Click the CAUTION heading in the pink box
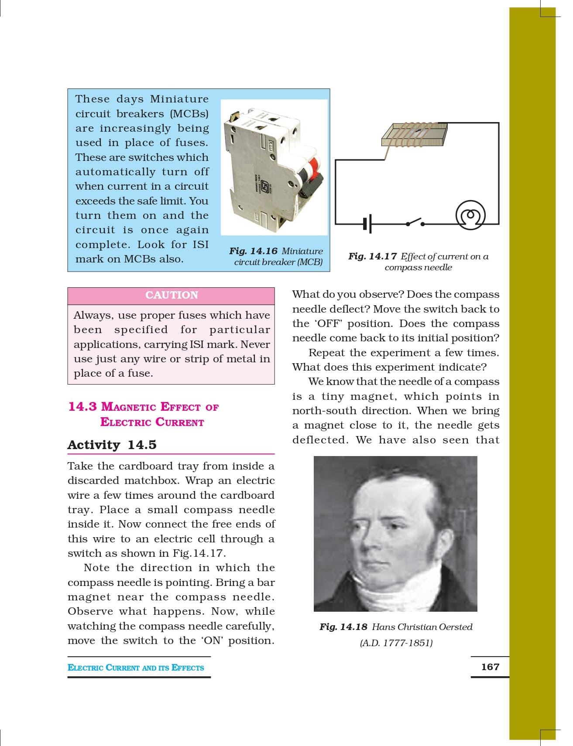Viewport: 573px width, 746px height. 172,295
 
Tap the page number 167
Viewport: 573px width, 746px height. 490,667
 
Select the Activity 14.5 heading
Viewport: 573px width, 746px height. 112,445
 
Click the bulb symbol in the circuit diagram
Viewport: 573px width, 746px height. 470,215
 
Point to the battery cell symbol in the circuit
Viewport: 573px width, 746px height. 367,224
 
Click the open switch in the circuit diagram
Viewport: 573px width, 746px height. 415,222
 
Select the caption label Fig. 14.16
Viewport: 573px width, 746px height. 253,251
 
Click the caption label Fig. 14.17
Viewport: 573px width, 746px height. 372,256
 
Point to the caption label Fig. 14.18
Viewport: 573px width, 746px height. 343,627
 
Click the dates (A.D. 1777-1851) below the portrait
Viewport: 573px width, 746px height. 396,643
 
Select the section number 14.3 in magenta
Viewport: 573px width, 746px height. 82,406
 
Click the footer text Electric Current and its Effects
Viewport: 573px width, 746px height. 136,668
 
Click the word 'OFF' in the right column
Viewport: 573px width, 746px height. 329,324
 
